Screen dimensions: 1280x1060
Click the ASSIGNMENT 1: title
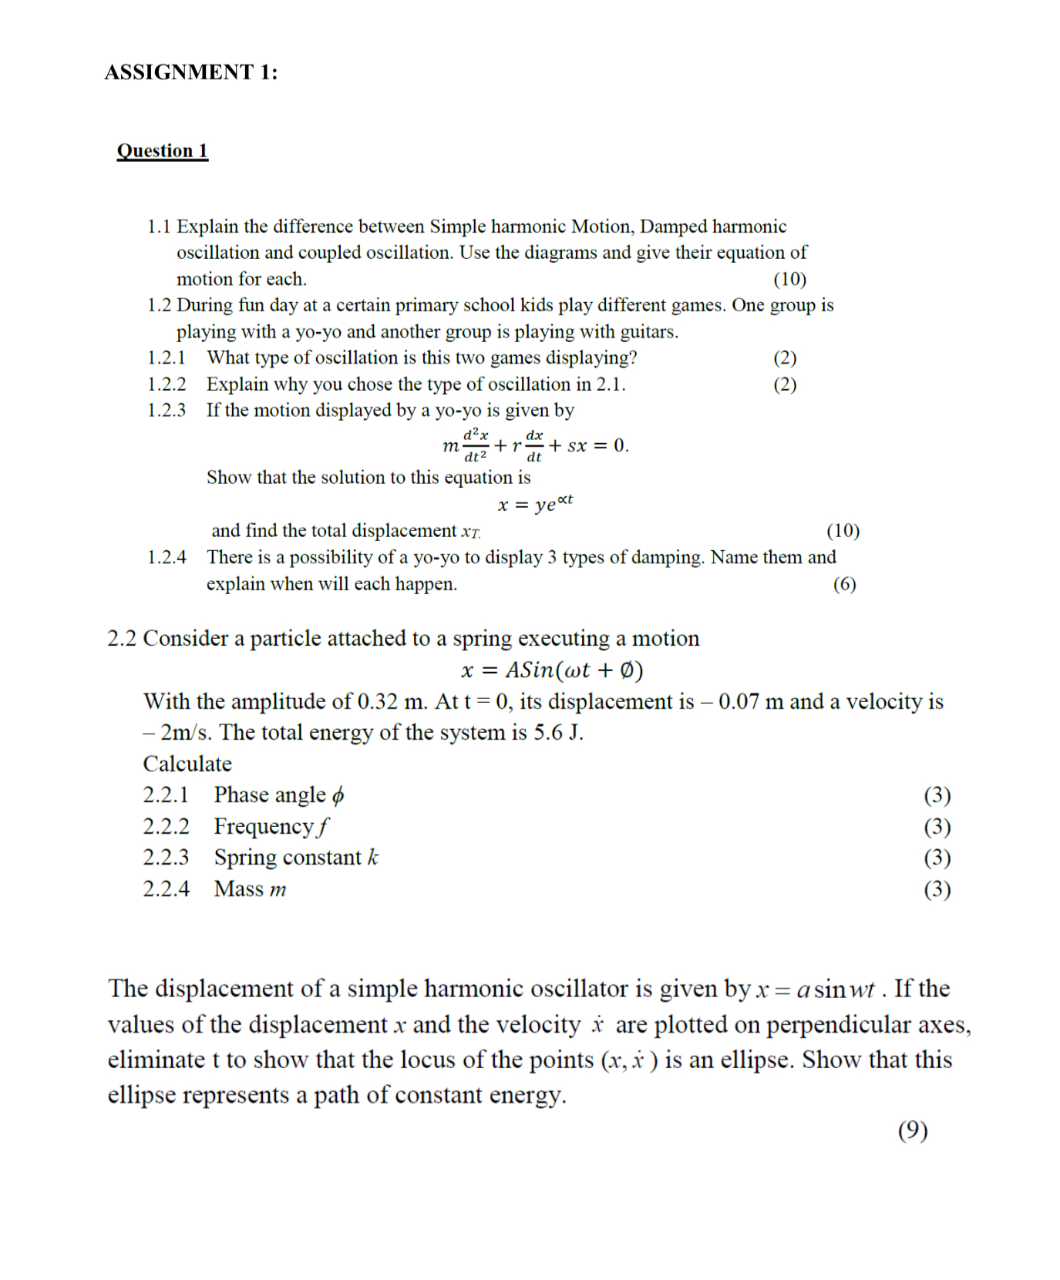191,72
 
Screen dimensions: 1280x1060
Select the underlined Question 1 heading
162,150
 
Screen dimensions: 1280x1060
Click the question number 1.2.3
167,410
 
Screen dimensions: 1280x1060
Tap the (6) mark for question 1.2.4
844,584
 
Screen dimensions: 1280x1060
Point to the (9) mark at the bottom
912,1130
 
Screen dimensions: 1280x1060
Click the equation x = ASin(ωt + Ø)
552,670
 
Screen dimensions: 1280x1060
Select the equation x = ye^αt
535,504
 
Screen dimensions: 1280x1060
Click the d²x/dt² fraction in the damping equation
475,445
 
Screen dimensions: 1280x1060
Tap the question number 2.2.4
166,889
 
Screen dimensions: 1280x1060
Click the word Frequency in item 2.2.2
264,826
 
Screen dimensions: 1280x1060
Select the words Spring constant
288,858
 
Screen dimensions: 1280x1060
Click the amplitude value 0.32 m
392,701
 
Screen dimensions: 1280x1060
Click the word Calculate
187,764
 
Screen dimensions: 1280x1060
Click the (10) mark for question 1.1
789,279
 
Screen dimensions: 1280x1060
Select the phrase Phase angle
270,795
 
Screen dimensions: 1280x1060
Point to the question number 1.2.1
167,358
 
